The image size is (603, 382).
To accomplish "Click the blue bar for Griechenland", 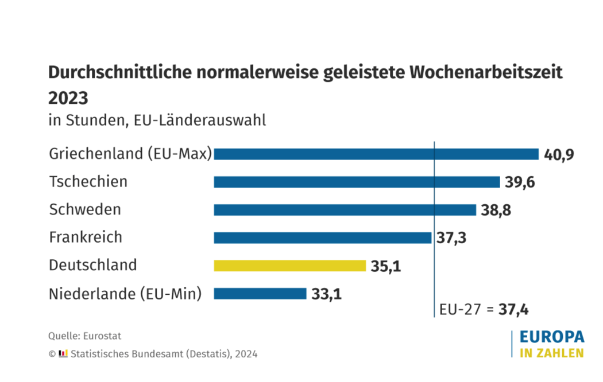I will point(376,154).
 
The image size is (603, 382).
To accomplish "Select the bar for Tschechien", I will point(357,182).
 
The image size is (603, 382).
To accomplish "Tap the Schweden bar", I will point(345,210).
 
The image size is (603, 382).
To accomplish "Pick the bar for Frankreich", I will point(322,237).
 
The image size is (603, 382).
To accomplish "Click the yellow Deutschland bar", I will point(289,266).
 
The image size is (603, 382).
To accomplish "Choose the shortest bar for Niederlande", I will point(260,294).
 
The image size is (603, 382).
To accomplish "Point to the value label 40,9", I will point(559,155).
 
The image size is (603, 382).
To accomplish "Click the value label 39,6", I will point(520,182).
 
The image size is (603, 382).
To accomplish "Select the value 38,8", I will point(496,210).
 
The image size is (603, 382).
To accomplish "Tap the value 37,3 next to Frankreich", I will point(451,237).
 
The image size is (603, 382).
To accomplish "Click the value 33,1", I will point(327,294).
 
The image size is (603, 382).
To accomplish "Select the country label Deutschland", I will point(93,265).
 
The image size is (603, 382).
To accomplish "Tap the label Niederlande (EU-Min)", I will point(125,294).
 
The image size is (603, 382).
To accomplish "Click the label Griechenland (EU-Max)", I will point(130,154).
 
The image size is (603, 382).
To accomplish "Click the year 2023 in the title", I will point(68,98).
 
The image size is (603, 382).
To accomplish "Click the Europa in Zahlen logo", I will point(551,344).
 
